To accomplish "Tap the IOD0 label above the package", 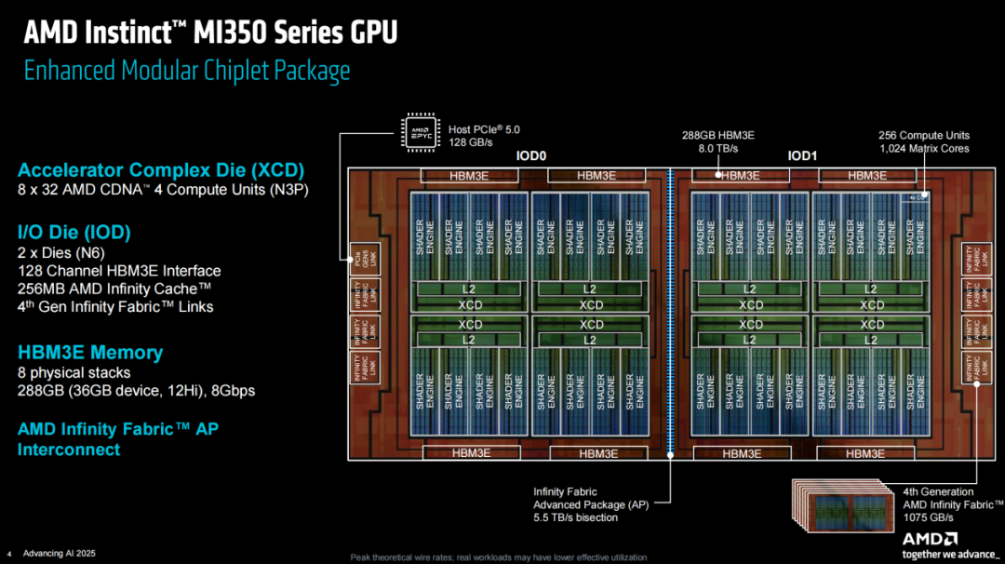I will [530, 156].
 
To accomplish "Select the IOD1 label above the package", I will [802, 156].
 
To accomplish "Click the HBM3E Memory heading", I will [90, 353].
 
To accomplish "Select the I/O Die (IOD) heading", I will [74, 232].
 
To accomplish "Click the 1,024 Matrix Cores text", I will [924, 149].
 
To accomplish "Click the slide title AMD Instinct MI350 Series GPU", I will [210, 33].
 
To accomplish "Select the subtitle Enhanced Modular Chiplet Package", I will [187, 71].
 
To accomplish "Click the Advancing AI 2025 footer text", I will [59, 553].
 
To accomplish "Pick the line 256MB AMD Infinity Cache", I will [114, 289].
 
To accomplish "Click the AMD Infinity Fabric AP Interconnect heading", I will [118, 439].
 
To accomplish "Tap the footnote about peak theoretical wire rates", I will [498, 557].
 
